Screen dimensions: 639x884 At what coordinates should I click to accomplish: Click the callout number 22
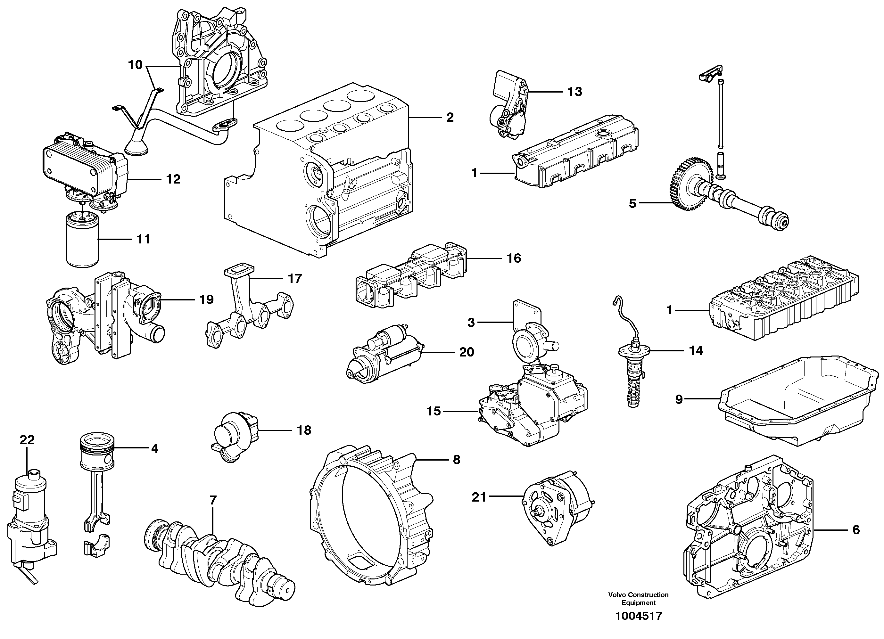coord(27,440)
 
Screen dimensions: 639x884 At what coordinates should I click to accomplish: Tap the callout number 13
coord(574,92)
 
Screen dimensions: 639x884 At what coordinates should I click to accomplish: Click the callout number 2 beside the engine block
coord(450,117)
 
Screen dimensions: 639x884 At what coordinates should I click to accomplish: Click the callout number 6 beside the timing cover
coord(855,530)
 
